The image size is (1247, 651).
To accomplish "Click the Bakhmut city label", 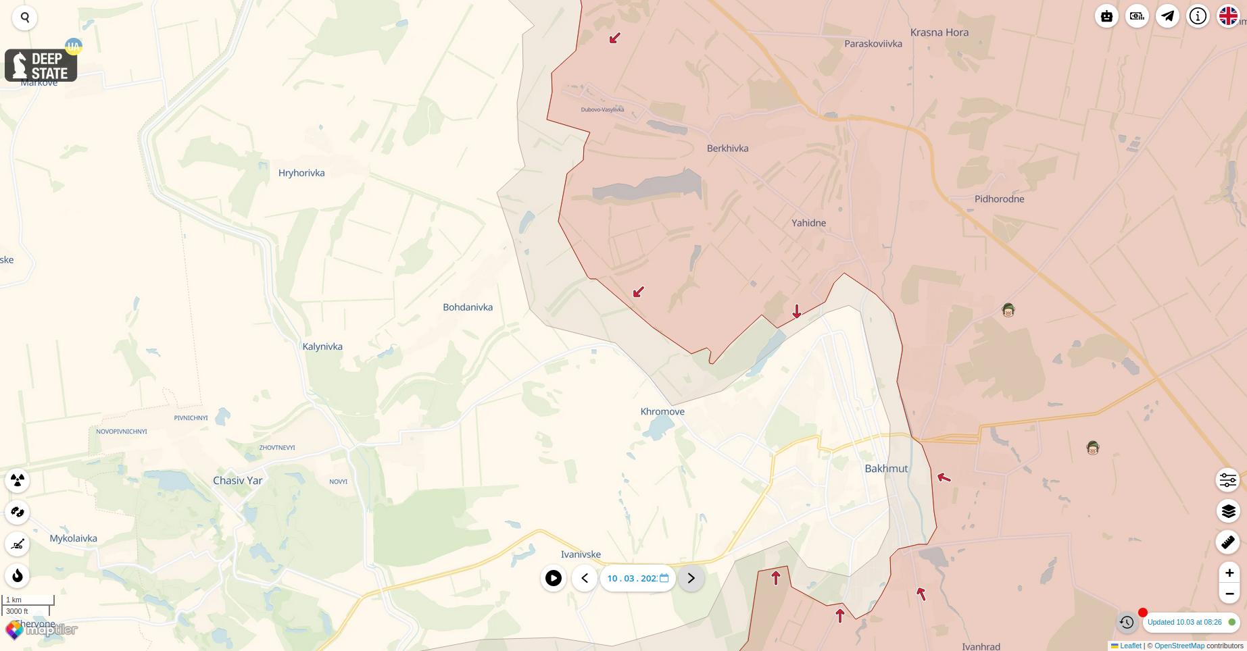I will (886, 469).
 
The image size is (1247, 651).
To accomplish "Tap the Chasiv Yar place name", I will (237, 481).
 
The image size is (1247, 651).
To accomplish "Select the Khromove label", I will (662, 412).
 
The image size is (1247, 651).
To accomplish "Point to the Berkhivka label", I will (727, 149).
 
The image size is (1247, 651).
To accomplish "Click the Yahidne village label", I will (808, 223).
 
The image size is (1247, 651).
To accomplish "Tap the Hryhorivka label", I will (301, 173).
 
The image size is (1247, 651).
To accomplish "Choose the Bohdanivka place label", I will (468, 307).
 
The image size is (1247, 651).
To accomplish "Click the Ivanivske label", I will (581, 554).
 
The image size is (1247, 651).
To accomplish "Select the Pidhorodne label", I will (999, 199).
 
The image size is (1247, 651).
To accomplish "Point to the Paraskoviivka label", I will (873, 44).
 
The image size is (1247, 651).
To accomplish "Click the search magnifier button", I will (25, 18).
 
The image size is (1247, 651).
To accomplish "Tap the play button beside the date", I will (553, 578).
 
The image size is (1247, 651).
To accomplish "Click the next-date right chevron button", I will (691, 578).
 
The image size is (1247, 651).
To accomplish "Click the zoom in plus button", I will (1229, 573).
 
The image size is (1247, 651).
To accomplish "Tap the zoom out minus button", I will (1229, 594).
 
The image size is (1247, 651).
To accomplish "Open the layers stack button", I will (1228, 511).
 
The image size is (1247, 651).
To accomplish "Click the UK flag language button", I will (1228, 16).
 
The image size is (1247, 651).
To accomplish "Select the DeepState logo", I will (41, 66).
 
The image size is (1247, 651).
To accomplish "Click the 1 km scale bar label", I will (14, 600).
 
